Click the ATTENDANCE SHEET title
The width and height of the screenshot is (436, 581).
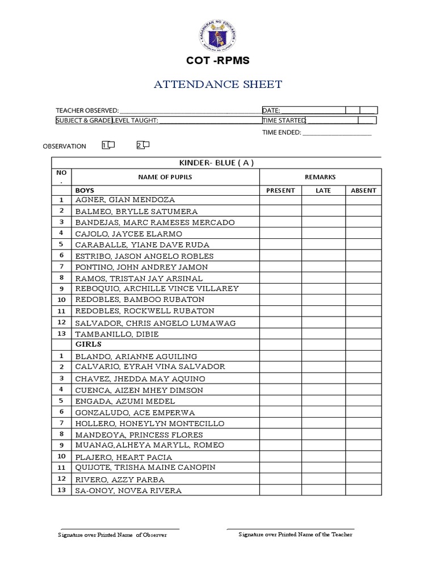pyautogui.click(x=218, y=85)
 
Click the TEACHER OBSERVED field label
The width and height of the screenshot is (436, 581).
pyautogui.click(x=87, y=110)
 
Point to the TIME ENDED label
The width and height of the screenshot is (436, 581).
pyautogui.click(x=282, y=133)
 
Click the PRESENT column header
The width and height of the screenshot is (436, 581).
pyautogui.click(x=280, y=190)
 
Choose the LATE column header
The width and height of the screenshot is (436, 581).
pyautogui.click(x=323, y=190)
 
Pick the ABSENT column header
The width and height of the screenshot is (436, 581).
pyautogui.click(x=363, y=190)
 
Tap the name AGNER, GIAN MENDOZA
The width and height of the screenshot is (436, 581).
pyautogui.click(x=125, y=200)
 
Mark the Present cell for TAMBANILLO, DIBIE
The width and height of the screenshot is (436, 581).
pyautogui.click(x=280, y=334)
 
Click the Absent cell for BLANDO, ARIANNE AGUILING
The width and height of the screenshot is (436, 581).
pyautogui.click(x=363, y=356)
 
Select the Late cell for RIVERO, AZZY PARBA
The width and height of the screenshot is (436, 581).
pyautogui.click(x=323, y=479)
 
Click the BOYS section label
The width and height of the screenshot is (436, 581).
pyautogui.click(x=85, y=190)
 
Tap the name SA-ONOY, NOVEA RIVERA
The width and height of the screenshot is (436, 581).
pyautogui.click(x=128, y=491)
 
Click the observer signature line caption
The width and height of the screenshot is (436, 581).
pyautogui.click(x=113, y=534)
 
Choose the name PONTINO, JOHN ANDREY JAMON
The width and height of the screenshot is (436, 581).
pyautogui.click(x=141, y=267)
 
